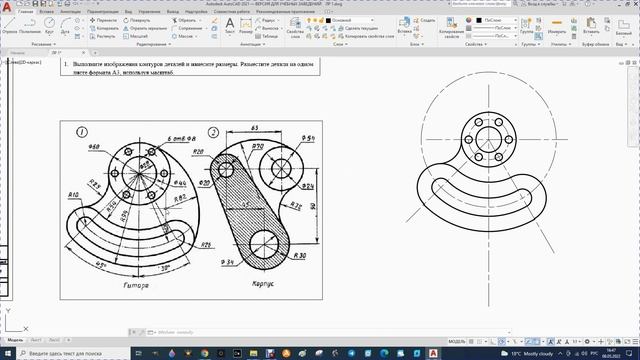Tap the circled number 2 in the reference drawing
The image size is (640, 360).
(213, 132)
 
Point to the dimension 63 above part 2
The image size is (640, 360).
(256, 130)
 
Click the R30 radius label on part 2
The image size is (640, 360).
(299, 256)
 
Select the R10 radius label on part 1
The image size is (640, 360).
(73, 193)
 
